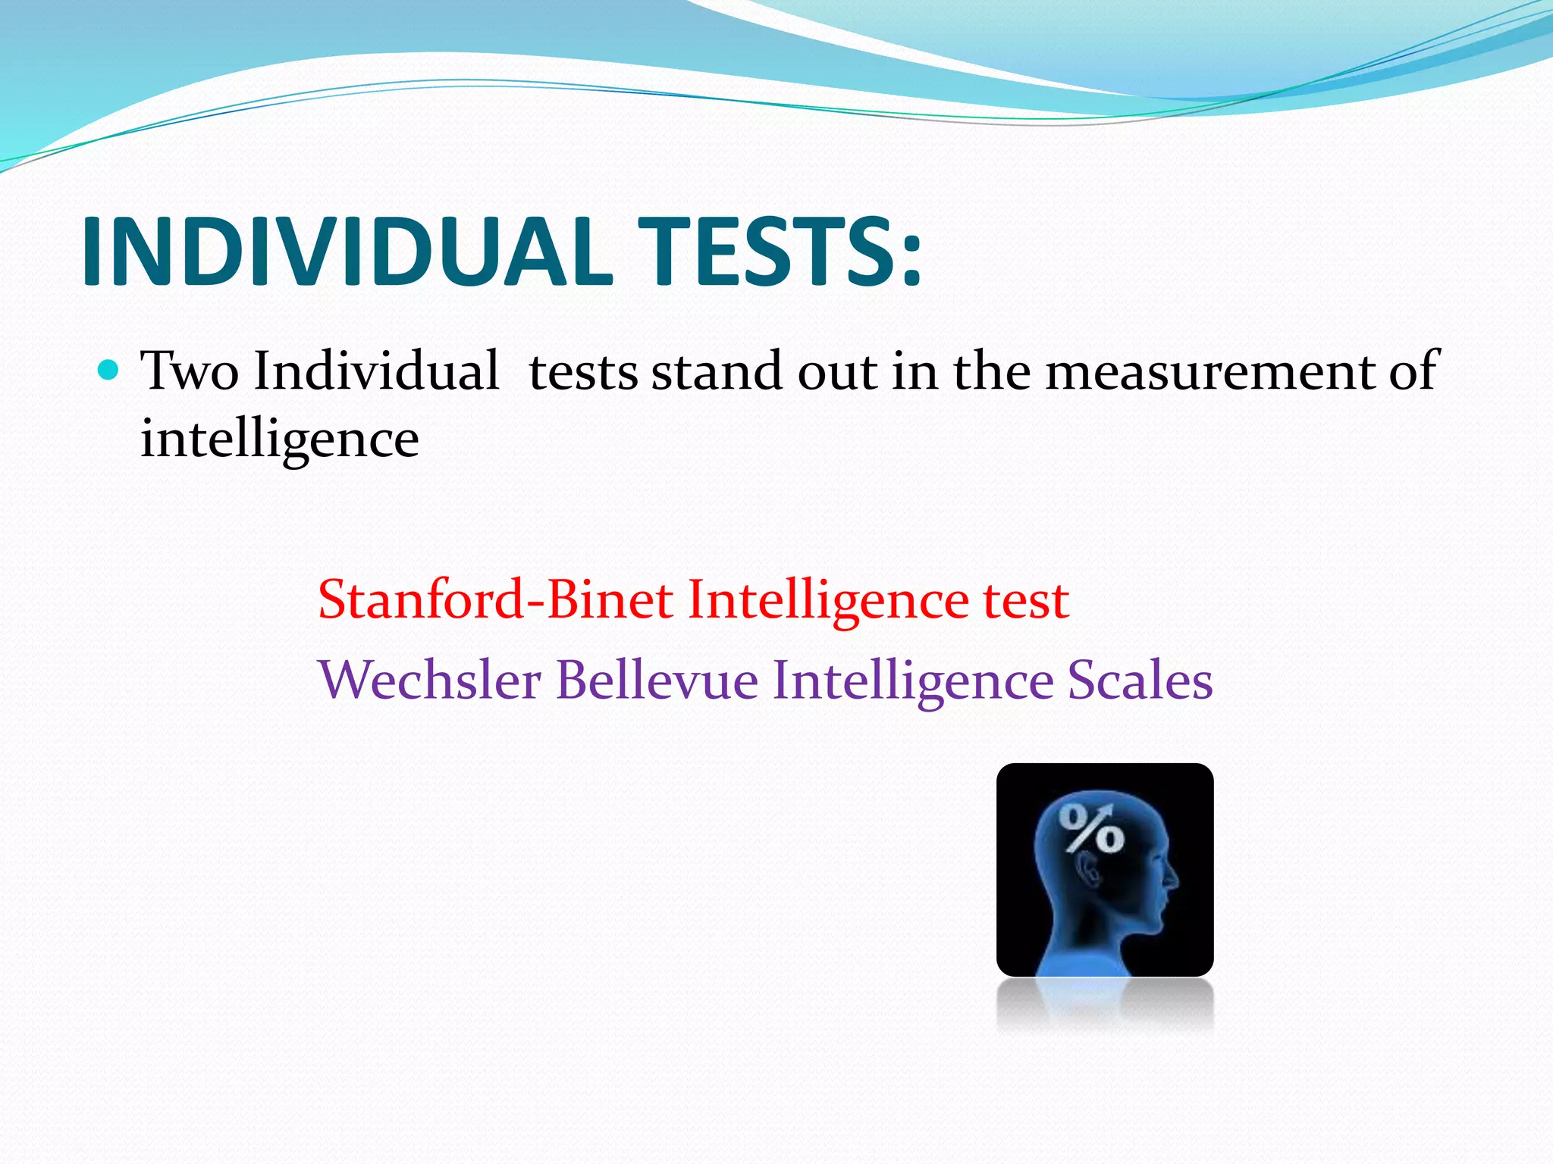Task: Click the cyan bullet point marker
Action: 109,371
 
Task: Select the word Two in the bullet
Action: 190,371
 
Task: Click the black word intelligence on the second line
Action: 280,440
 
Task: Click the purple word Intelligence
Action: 913,680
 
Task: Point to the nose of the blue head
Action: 1172,879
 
